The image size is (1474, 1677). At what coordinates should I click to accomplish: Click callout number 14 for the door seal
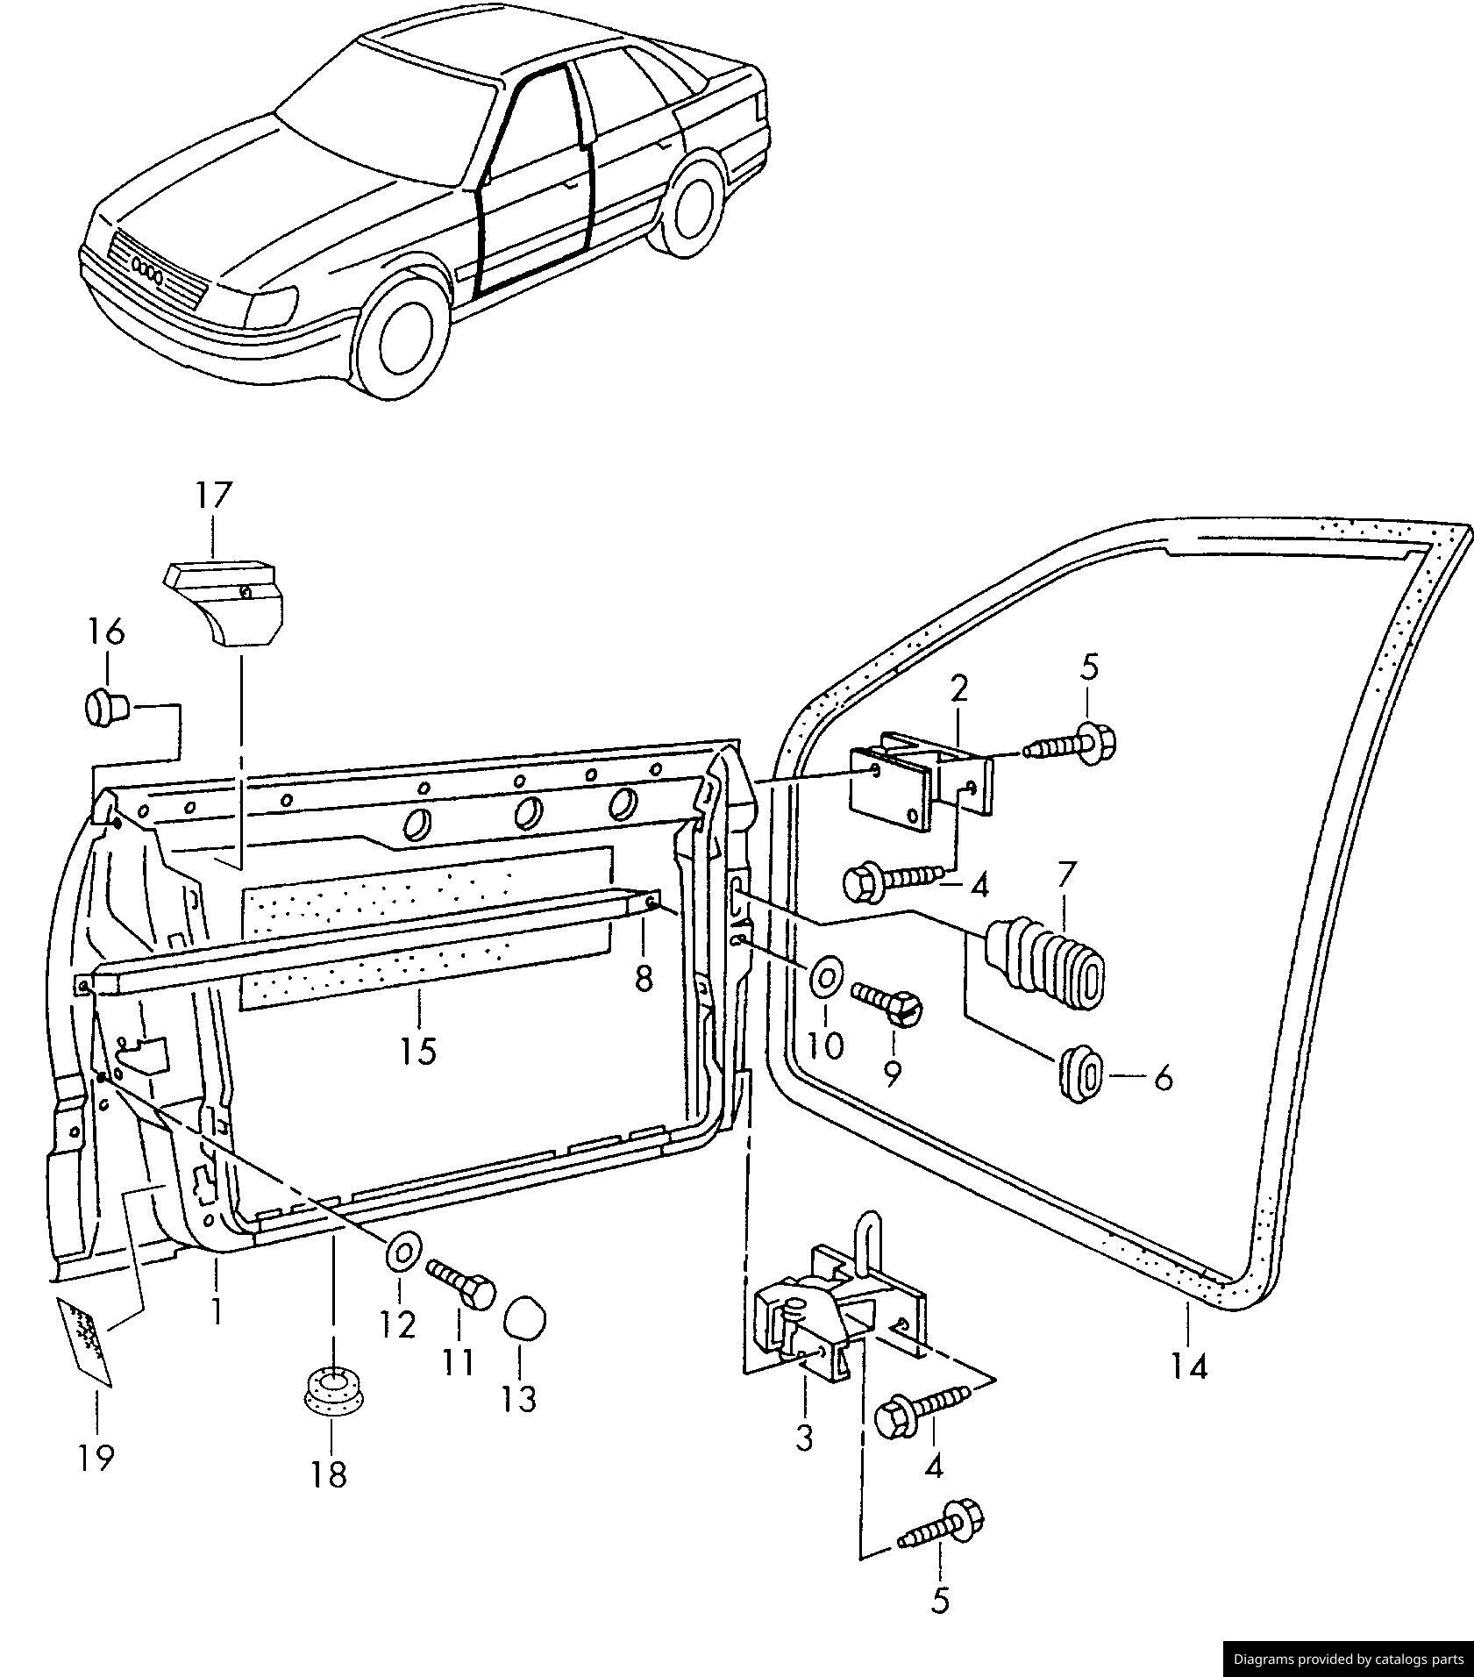click(x=1189, y=1367)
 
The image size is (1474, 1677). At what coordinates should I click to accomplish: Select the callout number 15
click(x=419, y=1050)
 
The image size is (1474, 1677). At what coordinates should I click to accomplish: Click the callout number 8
click(x=644, y=978)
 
